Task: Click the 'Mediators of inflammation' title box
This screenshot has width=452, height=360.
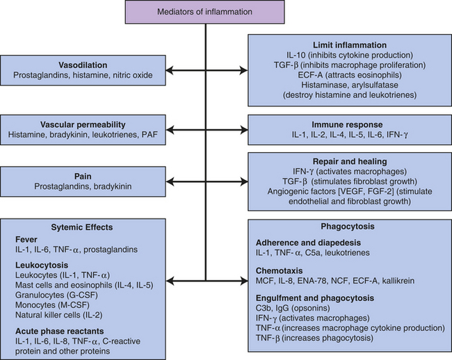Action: [x=205, y=12]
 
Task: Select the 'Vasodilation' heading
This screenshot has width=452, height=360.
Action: [x=83, y=65]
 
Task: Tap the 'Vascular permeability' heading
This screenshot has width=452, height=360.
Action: [x=83, y=124]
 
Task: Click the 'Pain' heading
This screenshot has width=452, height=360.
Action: [x=83, y=177]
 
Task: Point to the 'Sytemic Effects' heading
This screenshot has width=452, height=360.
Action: [x=82, y=227]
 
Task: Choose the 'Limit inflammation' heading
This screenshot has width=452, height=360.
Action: [x=350, y=45]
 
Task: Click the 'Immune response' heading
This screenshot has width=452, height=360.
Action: [x=348, y=124]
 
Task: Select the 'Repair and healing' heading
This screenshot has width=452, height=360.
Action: [x=350, y=161]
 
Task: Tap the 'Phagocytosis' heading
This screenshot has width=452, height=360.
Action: [x=348, y=227]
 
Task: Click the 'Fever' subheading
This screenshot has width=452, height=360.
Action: [x=26, y=240]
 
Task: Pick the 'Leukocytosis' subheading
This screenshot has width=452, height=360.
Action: [x=42, y=265]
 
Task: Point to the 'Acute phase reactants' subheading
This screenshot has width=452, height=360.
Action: [x=60, y=332]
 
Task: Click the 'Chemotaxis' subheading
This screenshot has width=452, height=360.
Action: [x=280, y=271]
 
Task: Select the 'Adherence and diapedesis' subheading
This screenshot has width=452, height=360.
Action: [x=309, y=243]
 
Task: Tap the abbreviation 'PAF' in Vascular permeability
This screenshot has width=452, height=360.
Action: [x=150, y=135]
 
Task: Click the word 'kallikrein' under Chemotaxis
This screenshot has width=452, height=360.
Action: [x=398, y=281]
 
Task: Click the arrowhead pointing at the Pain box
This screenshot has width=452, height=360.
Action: [x=170, y=181]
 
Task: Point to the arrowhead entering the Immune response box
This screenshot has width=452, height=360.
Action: [x=244, y=130]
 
